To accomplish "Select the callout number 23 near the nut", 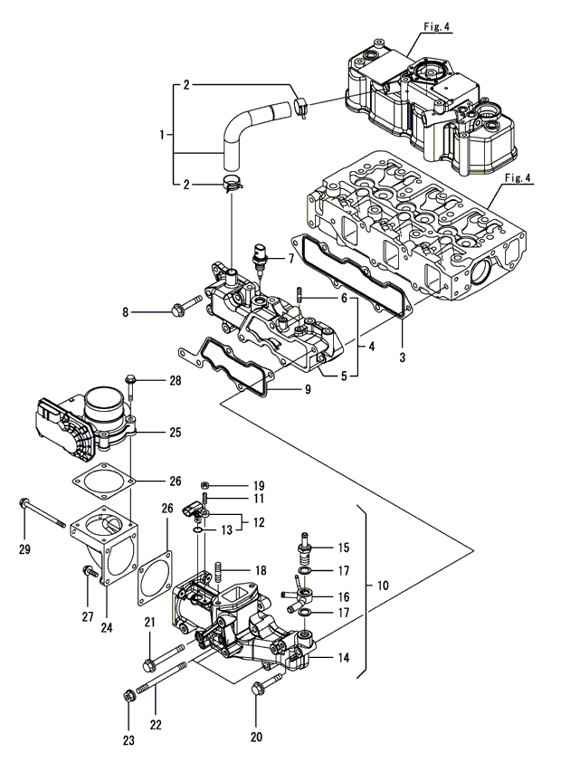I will pos(129,739).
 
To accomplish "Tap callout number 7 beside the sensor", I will pos(291,259).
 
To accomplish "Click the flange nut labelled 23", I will pos(129,696).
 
